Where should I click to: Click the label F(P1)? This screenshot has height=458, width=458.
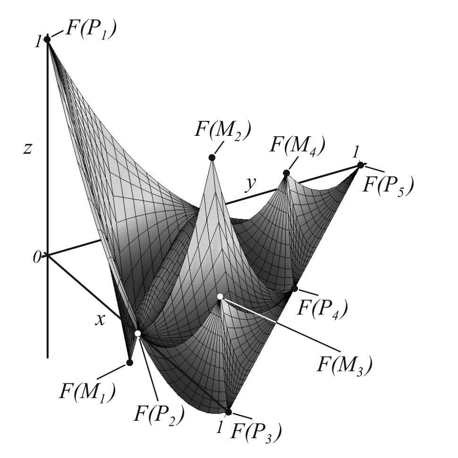click(91, 30)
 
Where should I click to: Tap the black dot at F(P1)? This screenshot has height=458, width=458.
click(47, 39)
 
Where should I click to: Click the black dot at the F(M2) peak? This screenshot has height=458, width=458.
click(212, 158)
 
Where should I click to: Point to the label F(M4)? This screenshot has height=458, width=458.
click(297, 146)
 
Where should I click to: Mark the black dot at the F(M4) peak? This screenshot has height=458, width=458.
click(286, 173)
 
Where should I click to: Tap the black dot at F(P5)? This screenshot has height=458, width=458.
click(361, 165)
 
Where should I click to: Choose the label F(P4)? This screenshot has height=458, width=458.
click(322, 308)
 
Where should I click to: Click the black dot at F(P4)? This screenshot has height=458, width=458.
click(295, 288)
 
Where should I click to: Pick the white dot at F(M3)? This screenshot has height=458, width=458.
click(220, 296)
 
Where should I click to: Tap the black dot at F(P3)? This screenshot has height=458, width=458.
click(229, 412)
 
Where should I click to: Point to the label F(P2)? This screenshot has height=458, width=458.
click(159, 414)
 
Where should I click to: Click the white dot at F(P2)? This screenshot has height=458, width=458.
click(138, 333)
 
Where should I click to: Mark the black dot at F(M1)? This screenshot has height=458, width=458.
click(129, 362)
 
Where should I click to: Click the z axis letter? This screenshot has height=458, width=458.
click(28, 148)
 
